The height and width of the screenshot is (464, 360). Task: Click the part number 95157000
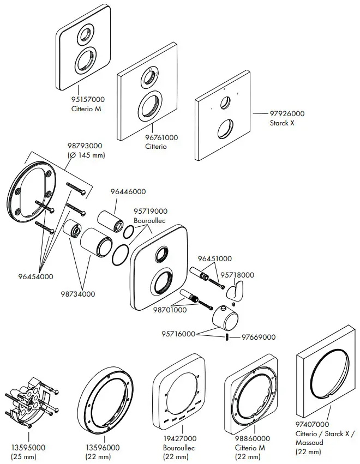click(x=88, y=100)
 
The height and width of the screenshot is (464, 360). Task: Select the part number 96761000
click(x=161, y=138)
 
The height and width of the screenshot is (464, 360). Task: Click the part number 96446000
click(x=128, y=191)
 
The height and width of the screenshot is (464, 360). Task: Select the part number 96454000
click(x=35, y=276)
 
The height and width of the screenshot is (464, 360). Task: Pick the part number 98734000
click(x=77, y=294)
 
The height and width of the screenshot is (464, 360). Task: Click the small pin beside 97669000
click(x=226, y=338)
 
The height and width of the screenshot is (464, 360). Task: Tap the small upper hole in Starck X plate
click(x=224, y=102)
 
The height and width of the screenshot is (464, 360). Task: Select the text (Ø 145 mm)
click(x=86, y=155)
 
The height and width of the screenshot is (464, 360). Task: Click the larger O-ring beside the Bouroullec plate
click(x=121, y=254)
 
